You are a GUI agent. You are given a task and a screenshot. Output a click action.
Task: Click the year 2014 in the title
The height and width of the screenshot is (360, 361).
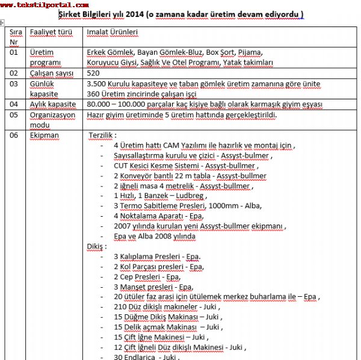click(147, 14)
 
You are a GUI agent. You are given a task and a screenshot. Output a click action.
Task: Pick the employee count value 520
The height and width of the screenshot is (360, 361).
click(94, 73)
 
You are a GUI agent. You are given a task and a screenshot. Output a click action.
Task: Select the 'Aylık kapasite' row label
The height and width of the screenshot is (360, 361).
click(54, 104)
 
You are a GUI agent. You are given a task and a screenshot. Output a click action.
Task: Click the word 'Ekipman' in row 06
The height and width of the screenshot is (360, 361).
click(45, 135)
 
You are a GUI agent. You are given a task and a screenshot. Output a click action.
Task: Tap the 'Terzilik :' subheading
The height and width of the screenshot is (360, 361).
click(103, 135)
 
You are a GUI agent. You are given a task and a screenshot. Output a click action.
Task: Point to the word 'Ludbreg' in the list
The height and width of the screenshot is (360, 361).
click(187, 196)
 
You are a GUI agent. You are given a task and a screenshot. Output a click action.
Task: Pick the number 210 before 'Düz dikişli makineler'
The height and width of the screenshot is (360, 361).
click(120, 306)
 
